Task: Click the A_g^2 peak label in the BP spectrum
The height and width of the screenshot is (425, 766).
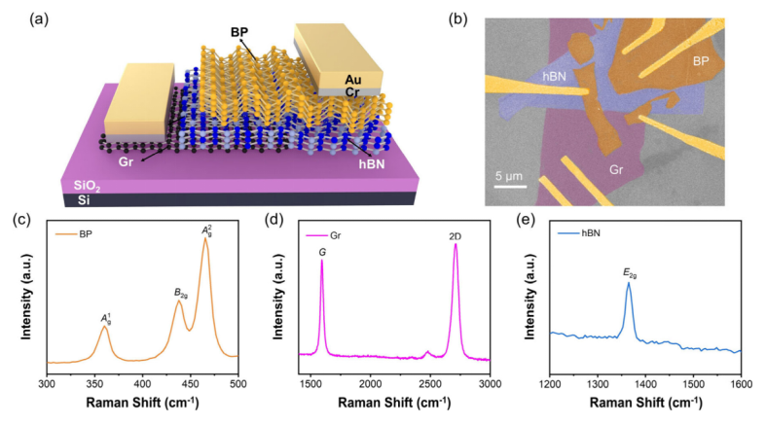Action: (x=206, y=230)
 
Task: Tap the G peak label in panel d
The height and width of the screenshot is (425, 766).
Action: (x=321, y=252)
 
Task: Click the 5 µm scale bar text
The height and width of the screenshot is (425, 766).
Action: (x=513, y=177)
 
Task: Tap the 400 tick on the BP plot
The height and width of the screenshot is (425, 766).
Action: (x=142, y=384)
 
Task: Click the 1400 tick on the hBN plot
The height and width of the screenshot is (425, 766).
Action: (x=646, y=384)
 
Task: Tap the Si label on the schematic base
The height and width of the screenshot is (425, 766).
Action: (x=70, y=199)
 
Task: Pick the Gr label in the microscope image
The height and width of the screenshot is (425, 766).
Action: (x=616, y=168)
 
